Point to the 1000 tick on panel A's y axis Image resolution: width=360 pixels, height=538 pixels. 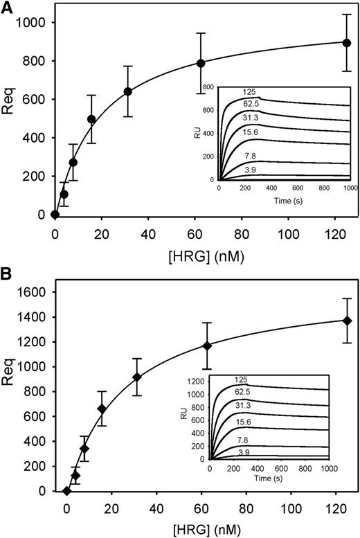33,23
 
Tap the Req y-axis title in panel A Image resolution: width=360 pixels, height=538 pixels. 9,119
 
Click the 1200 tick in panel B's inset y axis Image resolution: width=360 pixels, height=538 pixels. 197,381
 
